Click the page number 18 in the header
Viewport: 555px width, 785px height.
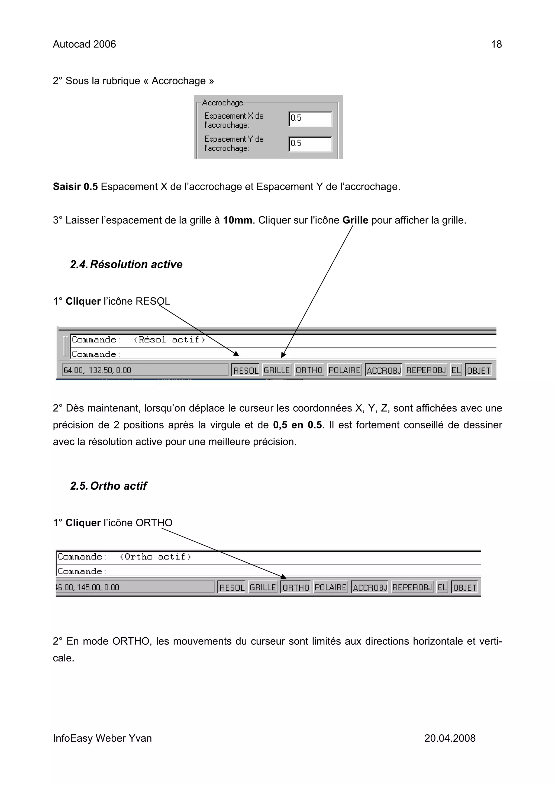pyautogui.click(x=496, y=44)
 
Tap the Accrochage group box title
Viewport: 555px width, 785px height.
pyautogui.click(x=222, y=103)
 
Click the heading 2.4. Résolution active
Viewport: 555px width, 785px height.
pyautogui.click(x=126, y=264)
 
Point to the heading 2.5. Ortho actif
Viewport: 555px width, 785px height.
pyautogui.click(x=108, y=486)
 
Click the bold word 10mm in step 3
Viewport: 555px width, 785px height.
pyautogui.click(x=237, y=220)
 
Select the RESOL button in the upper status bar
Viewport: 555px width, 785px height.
pyautogui.click(x=246, y=370)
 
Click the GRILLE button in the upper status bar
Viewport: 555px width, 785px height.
pyautogui.click(x=277, y=370)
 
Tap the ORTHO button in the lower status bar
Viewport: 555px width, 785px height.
pyautogui.click(x=295, y=587)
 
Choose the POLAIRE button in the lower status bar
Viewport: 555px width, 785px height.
pyautogui.click(x=330, y=587)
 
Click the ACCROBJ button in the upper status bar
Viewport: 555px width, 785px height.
pyautogui.click(x=383, y=370)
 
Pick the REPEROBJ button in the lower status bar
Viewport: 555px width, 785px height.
pyautogui.click(x=412, y=587)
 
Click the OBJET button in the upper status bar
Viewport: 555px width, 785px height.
pyautogui.click(x=478, y=370)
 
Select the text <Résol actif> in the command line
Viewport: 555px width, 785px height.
pyautogui.click(x=169, y=340)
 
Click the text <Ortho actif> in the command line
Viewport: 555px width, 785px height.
pyautogui.click(x=155, y=557)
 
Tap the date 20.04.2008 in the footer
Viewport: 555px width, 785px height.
pyautogui.click(x=450, y=738)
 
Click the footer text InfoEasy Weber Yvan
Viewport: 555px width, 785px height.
pyautogui.click(x=102, y=738)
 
